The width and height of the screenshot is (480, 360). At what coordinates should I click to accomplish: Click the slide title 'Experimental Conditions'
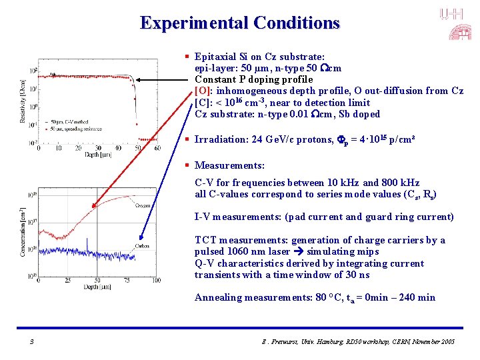[240, 23]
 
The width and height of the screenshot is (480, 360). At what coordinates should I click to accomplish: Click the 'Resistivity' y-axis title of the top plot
[23, 97]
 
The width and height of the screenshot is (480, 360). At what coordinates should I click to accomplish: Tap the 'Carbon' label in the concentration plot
[141, 245]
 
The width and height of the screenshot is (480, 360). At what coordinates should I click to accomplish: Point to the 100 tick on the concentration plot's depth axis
[155, 280]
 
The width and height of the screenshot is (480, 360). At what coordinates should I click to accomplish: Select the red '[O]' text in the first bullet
[202, 91]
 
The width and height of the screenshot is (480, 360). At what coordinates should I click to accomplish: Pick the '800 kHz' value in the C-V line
[402, 183]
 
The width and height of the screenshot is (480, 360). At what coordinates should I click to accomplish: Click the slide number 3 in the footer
[31, 341]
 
